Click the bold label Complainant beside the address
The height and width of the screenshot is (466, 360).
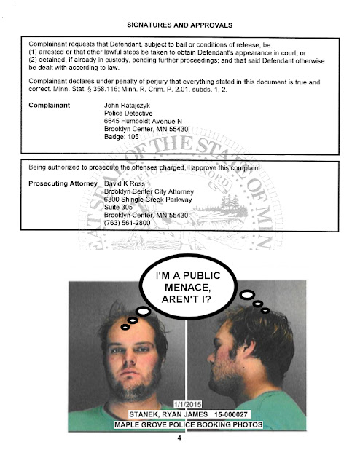click(50, 106)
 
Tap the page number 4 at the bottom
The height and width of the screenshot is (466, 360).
click(179, 439)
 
